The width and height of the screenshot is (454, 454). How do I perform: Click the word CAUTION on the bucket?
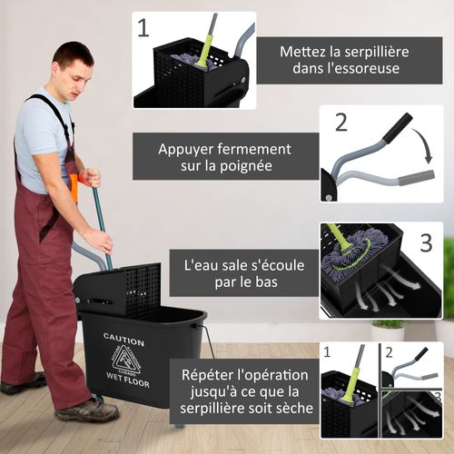(123, 337)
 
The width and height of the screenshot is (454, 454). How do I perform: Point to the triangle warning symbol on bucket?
(126, 359)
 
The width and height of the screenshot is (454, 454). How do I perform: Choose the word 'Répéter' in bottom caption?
(212, 374)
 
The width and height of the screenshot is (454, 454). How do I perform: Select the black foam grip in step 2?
(397, 128)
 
